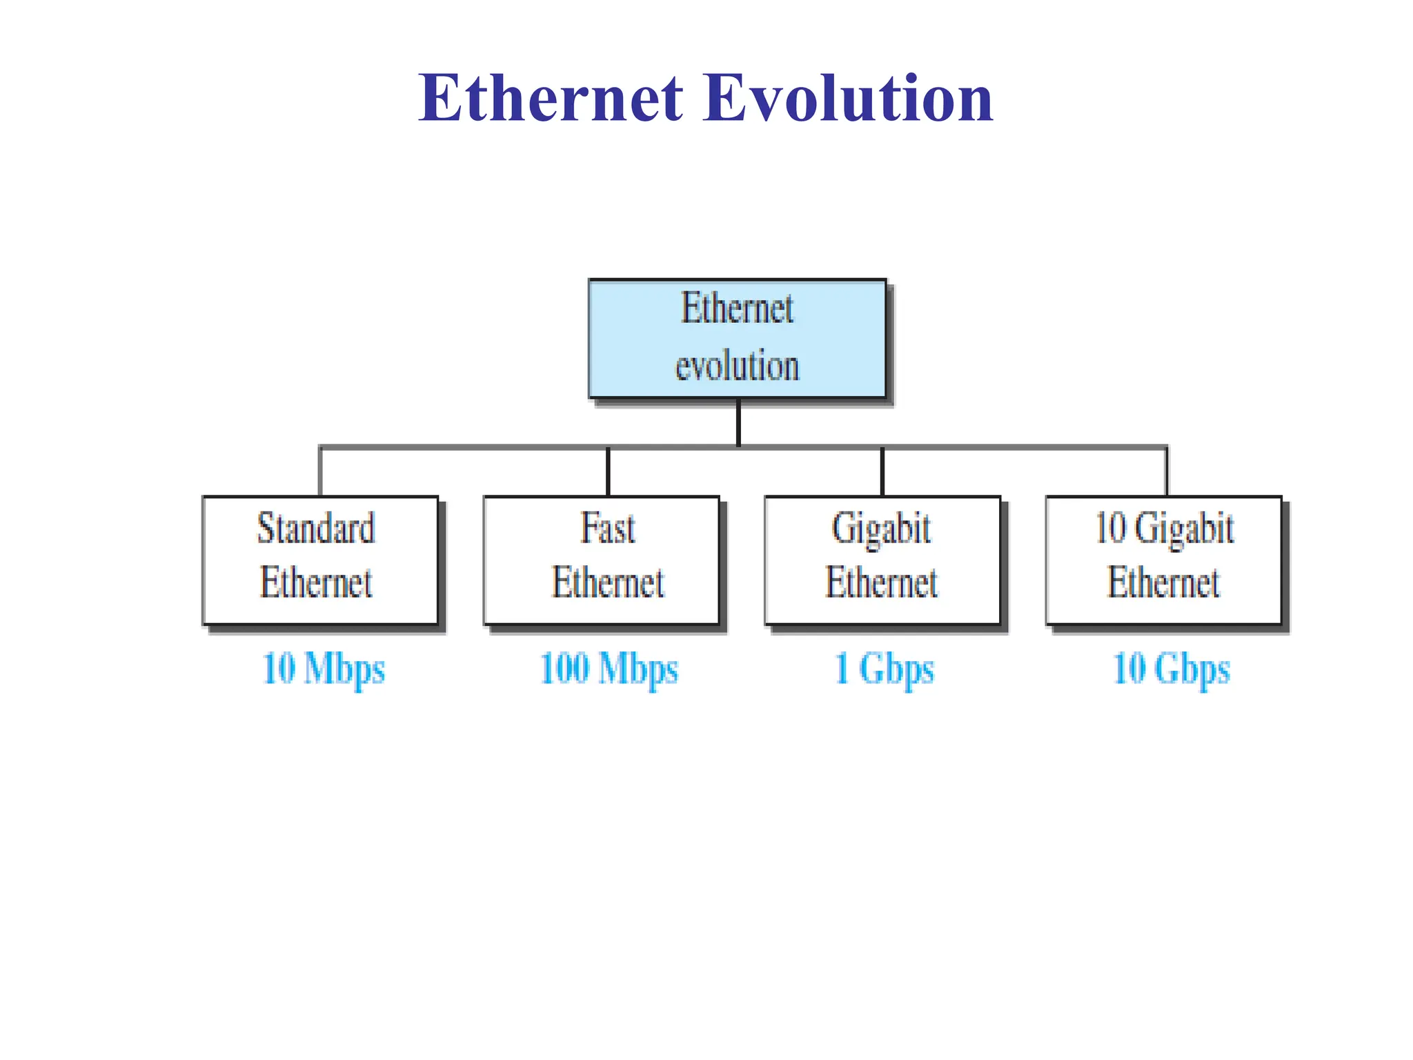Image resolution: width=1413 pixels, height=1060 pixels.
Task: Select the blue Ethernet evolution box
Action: [x=737, y=338]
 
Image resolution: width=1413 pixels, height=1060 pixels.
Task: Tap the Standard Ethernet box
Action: [x=320, y=560]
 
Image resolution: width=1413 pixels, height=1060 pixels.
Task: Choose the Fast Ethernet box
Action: [x=601, y=560]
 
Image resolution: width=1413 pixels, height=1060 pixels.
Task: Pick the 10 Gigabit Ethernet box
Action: [x=1163, y=560]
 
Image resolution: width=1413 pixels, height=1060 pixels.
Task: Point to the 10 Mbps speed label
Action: [x=324, y=669]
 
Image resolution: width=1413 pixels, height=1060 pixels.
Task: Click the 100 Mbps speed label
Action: [x=609, y=669]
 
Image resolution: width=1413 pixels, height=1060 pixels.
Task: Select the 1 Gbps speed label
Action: [x=884, y=669]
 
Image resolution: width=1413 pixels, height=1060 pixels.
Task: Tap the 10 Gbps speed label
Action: [x=1171, y=669]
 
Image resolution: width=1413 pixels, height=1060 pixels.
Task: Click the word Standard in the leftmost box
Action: [x=316, y=529]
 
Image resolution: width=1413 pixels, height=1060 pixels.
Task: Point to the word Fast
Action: [x=607, y=529]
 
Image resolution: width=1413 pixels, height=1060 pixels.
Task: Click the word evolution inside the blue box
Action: [x=737, y=366]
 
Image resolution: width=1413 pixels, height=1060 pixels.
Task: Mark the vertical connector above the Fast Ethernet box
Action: [x=608, y=472]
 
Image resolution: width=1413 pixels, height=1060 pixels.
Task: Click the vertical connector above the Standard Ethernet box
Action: [x=320, y=472]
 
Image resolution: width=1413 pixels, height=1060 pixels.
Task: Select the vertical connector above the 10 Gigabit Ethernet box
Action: [x=1167, y=472]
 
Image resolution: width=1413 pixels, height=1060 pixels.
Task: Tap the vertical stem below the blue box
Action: [x=738, y=422]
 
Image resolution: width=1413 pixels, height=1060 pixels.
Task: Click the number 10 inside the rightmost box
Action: [x=1111, y=529]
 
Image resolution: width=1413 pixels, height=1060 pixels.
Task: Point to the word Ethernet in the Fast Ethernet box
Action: [x=608, y=583]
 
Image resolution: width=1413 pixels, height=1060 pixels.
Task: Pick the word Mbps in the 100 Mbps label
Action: [x=638, y=669]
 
